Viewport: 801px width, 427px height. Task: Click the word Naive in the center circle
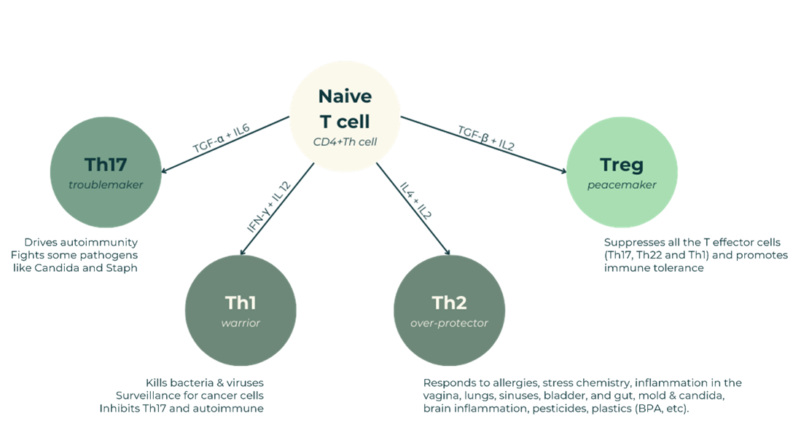345,97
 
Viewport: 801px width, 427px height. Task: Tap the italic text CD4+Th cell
345,141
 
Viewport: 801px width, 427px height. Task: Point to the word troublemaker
106,185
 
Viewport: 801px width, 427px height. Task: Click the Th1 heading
241,302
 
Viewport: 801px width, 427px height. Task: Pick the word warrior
241,323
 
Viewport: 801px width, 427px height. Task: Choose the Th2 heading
449,302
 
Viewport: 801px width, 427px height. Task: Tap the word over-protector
449,323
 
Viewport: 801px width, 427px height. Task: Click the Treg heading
622,165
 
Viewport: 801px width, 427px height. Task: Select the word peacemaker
622,185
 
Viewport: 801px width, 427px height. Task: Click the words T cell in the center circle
345,120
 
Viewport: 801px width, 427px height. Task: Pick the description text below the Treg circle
696,255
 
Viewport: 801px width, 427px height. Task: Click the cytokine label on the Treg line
485,138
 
